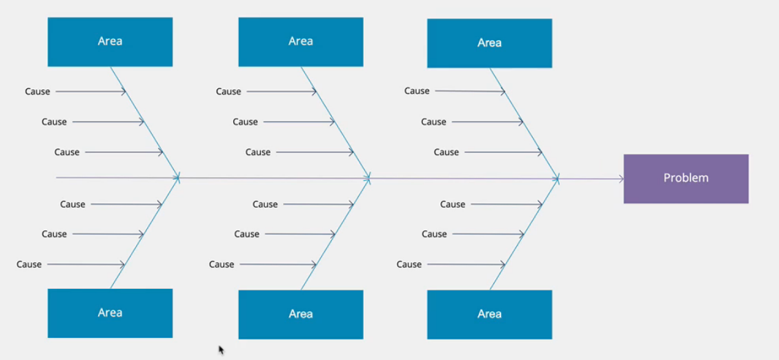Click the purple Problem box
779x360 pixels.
pyautogui.click(x=686, y=179)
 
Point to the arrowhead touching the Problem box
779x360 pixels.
pyautogui.click(x=621, y=179)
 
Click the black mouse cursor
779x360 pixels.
pyautogui.click(x=221, y=350)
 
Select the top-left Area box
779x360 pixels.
pyautogui.click(x=110, y=41)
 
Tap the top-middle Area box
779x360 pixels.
pyautogui.click(x=301, y=41)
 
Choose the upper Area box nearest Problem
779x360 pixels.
pyautogui.click(x=489, y=43)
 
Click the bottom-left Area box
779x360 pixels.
pyautogui.click(x=110, y=313)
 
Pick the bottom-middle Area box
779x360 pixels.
pyautogui.click(x=301, y=314)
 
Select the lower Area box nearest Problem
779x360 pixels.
pyautogui.click(x=489, y=314)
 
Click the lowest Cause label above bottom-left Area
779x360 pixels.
pyautogui.click(x=29, y=265)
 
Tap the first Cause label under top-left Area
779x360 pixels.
pyautogui.click(x=38, y=91)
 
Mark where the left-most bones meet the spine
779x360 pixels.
pyautogui.click(x=178, y=177)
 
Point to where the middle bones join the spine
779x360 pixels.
pyautogui.click(x=369, y=178)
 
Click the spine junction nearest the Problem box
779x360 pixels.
pyautogui.click(x=558, y=179)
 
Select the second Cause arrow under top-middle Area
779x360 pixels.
pyautogui.click(x=299, y=121)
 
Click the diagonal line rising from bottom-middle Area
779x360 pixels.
pyautogui.click(x=335, y=234)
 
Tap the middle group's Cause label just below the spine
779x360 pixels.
pyautogui.click(x=265, y=204)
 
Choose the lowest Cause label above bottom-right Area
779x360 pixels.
pyautogui.click(x=409, y=265)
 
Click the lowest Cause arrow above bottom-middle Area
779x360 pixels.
pyautogui.click(x=278, y=265)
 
